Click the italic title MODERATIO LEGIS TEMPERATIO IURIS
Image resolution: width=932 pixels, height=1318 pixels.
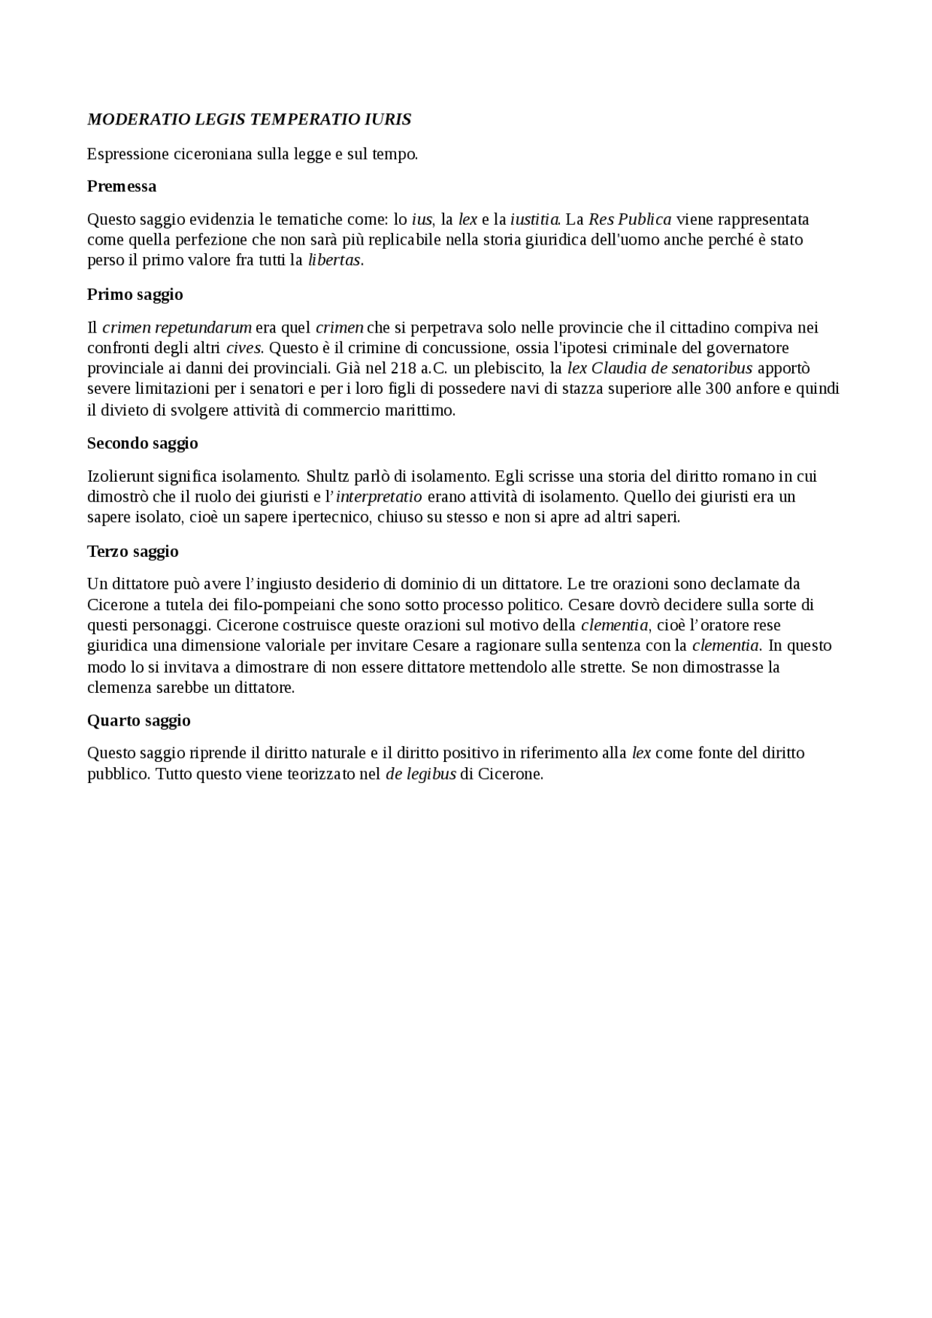point(249,119)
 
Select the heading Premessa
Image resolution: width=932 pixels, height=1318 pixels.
point(122,186)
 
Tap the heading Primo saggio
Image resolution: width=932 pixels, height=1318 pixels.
point(135,295)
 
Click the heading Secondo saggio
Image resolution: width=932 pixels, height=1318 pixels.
point(143,443)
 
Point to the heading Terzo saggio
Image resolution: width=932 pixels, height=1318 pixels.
point(133,551)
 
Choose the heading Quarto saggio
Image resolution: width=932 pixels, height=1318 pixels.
point(138,720)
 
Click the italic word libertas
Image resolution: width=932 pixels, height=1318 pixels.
point(334,261)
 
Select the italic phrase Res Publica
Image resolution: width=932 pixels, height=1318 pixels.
point(630,219)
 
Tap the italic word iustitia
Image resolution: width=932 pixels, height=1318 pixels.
point(534,219)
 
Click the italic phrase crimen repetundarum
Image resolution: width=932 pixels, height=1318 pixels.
point(177,327)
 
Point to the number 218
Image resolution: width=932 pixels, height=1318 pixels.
point(404,368)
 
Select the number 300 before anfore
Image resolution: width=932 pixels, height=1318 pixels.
point(719,389)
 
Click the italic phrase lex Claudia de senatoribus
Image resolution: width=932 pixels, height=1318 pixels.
point(660,368)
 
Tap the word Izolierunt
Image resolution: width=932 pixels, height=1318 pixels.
point(120,477)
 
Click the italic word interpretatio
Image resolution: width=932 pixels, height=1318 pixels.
point(379,497)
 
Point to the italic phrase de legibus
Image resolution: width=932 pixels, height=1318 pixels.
point(421,774)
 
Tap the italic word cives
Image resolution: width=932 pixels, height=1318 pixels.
point(243,348)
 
